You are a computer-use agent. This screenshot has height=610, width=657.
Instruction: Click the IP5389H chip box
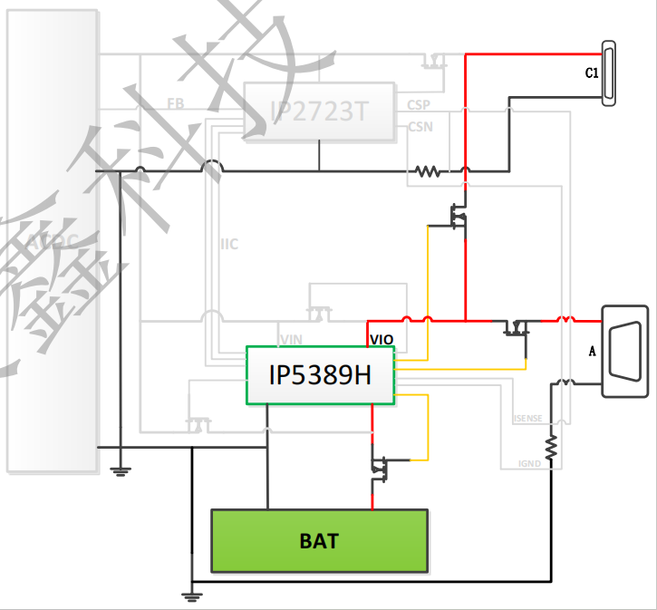(320, 374)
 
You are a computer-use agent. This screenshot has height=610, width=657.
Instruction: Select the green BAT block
(319, 541)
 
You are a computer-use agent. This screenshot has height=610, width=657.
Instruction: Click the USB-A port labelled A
(625, 351)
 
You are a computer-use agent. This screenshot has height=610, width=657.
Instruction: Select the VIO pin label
(382, 340)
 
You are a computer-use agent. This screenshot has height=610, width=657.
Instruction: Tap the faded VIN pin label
(291, 339)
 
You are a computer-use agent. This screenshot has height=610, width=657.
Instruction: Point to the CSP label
(419, 106)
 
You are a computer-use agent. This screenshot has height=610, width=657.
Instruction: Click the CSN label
(420, 127)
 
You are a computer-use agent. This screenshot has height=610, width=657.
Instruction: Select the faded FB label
(176, 104)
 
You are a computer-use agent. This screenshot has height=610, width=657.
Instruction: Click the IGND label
(530, 463)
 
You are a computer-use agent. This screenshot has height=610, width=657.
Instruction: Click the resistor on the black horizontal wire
(427, 170)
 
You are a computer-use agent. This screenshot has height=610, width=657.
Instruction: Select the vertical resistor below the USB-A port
(550, 446)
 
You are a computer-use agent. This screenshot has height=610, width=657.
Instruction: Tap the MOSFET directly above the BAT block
(379, 468)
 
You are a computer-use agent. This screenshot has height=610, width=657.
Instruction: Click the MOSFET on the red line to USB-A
(517, 326)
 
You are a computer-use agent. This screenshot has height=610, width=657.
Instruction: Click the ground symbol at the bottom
(191, 595)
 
